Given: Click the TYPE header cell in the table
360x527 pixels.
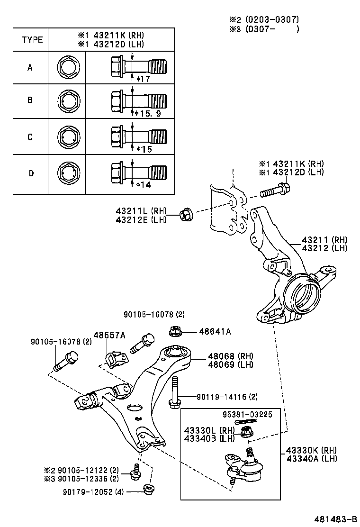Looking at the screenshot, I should tap(32, 39).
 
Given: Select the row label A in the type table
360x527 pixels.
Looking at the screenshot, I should tap(30, 67).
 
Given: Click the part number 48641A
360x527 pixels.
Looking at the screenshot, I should tap(215, 332).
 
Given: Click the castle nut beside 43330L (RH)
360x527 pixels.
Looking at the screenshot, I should tap(246, 432).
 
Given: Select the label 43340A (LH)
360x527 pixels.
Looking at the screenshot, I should tap(312, 458).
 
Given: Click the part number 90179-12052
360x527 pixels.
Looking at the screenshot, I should tap(93, 492).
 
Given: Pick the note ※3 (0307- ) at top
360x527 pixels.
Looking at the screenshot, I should tap(264, 29).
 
